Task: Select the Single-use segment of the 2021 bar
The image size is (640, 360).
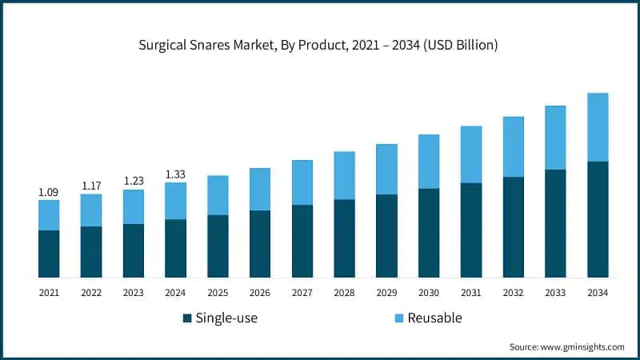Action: click(49, 254)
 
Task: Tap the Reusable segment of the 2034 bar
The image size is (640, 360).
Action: click(598, 127)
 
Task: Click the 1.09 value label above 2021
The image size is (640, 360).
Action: click(49, 193)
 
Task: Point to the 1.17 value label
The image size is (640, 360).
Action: click(91, 186)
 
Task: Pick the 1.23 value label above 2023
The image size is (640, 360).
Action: click(134, 182)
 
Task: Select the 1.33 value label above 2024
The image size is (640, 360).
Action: click(175, 174)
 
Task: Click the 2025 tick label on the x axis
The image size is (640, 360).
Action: click(218, 294)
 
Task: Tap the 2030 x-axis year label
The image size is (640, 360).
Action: click(429, 294)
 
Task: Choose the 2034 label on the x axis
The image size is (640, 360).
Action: click(598, 294)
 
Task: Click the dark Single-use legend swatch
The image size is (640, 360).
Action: click(187, 318)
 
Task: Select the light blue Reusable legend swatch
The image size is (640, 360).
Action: click(399, 318)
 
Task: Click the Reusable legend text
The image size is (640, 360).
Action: click(435, 318)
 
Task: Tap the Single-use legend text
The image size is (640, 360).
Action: click(226, 318)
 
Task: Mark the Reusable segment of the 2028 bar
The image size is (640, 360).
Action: click(344, 175)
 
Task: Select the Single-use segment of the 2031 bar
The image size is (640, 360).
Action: click(471, 230)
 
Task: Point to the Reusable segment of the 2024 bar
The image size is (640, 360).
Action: click(175, 201)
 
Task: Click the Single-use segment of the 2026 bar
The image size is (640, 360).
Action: click(260, 244)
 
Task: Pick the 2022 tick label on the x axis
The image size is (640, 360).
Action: click(91, 294)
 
